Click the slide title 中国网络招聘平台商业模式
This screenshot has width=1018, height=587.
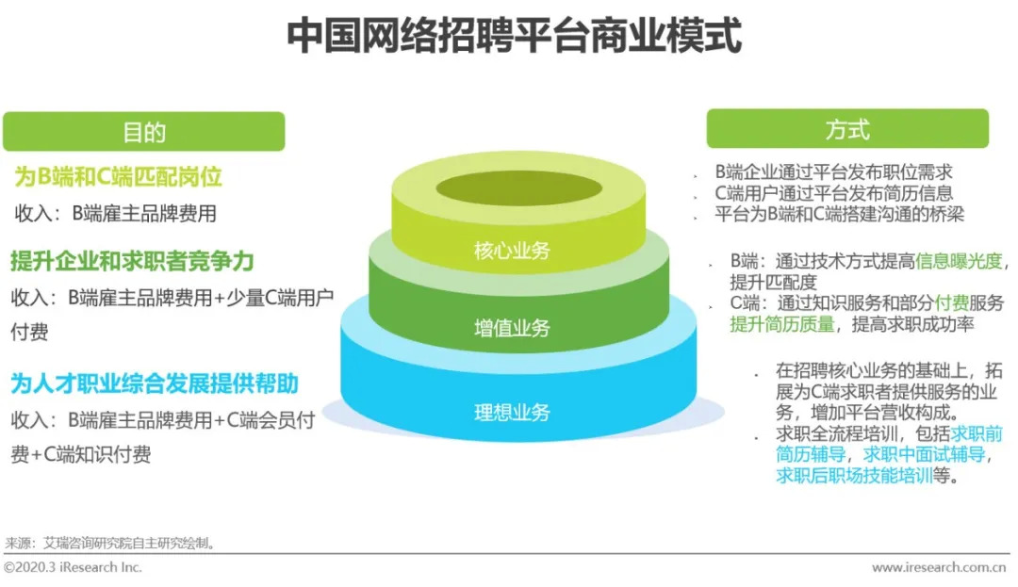point(514,38)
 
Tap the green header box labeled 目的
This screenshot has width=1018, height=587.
point(143,132)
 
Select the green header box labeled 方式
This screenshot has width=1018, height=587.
point(846,129)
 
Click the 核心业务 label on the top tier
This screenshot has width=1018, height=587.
point(512,251)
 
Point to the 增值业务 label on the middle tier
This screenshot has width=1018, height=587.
point(512,329)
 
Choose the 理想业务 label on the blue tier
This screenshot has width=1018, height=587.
point(512,412)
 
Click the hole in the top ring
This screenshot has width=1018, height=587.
point(507,187)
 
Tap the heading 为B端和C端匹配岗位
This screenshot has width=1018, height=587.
point(119,177)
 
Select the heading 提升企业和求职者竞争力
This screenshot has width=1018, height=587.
point(133,260)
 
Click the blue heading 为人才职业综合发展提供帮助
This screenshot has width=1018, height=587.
point(155,383)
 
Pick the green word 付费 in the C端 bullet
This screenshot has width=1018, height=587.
point(952,303)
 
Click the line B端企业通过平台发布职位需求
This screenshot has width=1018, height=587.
point(833,172)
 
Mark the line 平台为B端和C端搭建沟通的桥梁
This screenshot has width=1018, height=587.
point(839,214)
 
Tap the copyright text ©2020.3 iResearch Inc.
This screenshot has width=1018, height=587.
point(73,567)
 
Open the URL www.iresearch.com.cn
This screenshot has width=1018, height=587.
point(939,567)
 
